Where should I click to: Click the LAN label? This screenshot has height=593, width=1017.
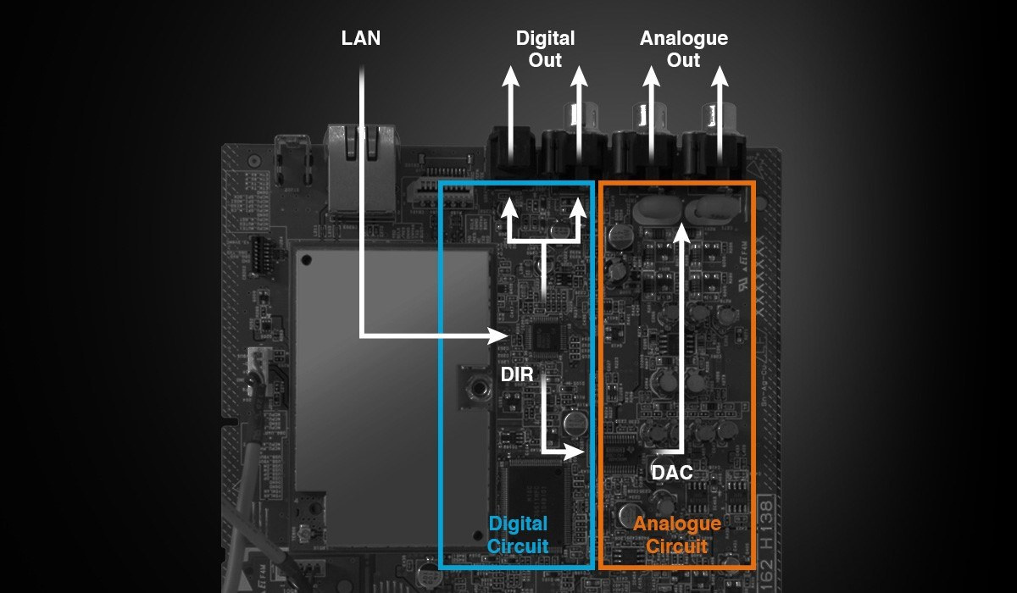[361, 38]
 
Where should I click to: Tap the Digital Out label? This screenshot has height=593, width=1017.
[545, 49]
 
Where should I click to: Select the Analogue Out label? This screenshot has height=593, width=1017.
[683, 49]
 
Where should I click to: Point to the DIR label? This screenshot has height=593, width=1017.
[517, 374]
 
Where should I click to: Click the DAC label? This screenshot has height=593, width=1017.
[672, 472]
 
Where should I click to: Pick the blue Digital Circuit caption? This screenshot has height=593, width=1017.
[518, 535]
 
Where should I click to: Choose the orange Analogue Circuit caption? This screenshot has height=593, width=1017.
[677, 535]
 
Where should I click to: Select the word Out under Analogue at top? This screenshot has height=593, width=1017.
[683, 60]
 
